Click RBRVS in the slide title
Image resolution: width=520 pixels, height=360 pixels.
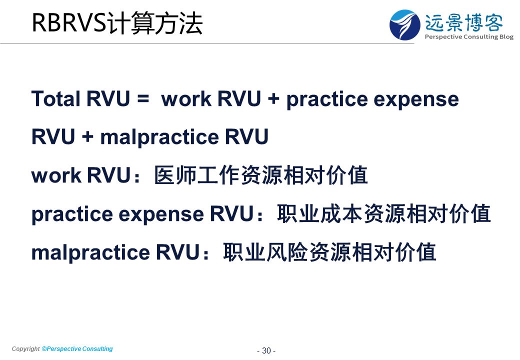[x=68, y=23]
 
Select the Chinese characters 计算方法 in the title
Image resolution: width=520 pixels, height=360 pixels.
[x=154, y=23]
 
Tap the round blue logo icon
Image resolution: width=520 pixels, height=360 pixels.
[x=404, y=25]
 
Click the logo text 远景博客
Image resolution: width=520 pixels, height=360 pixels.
[x=464, y=22]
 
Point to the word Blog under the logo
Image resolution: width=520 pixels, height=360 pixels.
[x=506, y=37]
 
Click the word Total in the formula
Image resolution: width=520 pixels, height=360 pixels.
[x=55, y=99]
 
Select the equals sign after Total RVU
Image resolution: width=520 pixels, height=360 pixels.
[x=143, y=98]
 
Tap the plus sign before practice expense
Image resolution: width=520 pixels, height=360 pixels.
[x=273, y=98]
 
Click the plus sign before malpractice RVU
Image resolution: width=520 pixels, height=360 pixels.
[x=87, y=136]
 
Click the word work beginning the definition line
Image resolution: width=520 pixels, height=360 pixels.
[x=56, y=175]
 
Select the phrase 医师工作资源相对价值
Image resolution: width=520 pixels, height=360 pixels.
[x=261, y=175]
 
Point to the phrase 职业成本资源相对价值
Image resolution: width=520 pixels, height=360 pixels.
[x=383, y=213]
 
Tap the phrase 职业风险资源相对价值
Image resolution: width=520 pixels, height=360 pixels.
[x=329, y=252]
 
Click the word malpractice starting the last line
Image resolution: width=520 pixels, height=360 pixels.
[x=90, y=253]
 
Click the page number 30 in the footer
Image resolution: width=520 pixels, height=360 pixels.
[x=266, y=350]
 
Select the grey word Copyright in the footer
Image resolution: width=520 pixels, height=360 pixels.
[x=26, y=349]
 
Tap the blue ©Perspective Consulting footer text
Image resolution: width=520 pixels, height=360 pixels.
[x=77, y=349]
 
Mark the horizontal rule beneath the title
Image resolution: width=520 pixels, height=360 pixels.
[x=207, y=43]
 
